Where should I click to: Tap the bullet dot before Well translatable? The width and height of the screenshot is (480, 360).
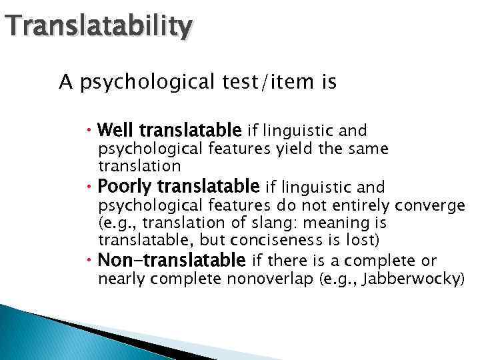click(91, 129)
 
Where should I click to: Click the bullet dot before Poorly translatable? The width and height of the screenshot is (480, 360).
click(91, 185)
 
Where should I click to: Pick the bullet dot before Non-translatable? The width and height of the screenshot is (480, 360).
click(91, 260)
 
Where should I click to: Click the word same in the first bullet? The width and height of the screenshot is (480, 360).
click(371, 148)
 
